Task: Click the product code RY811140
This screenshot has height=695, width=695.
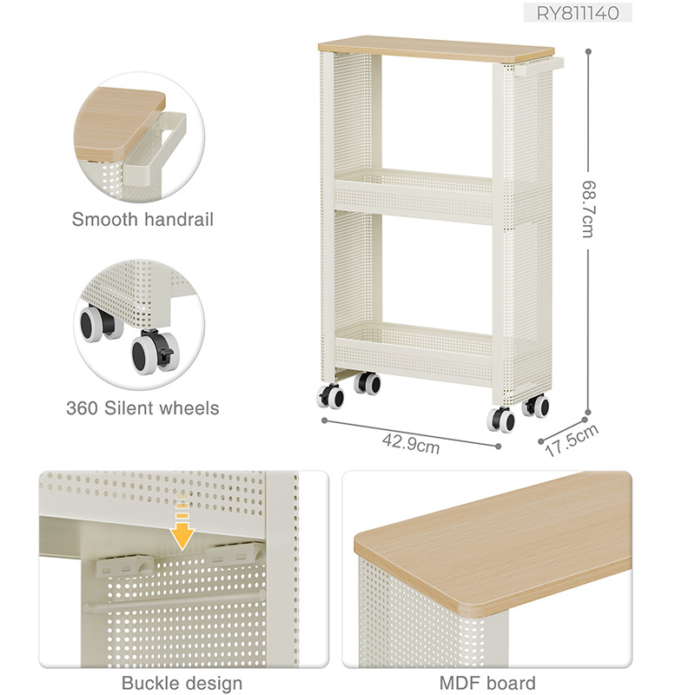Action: click(578, 13)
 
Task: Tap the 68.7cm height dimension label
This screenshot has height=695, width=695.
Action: click(588, 209)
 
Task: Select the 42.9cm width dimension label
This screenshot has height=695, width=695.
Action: click(411, 444)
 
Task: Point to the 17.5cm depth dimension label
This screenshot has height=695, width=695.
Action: click(572, 440)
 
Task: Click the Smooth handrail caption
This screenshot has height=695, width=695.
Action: click(142, 220)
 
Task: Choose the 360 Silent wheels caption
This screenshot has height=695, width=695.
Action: click(142, 408)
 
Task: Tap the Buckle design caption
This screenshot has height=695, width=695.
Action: click(182, 683)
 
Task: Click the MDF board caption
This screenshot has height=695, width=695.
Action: click(487, 683)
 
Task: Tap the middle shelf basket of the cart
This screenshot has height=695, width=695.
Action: click(414, 195)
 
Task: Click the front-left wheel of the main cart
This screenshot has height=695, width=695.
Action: click(330, 396)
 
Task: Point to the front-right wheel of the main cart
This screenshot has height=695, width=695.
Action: click(501, 420)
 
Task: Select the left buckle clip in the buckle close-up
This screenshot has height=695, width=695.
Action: click(125, 566)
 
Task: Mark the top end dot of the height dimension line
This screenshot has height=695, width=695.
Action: click(588, 51)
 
